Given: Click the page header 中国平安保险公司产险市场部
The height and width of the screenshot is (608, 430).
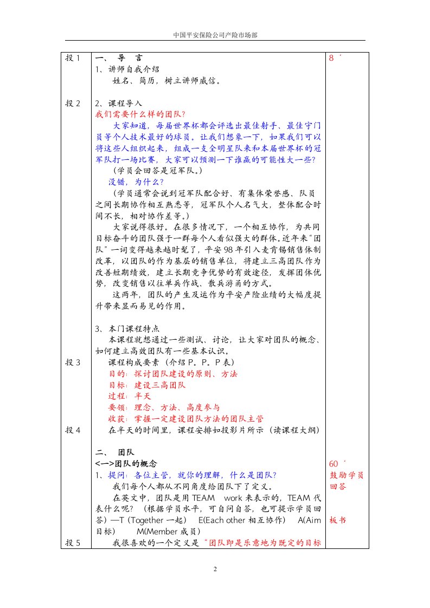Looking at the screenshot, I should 215,34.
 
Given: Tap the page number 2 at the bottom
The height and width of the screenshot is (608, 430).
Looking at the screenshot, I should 215,569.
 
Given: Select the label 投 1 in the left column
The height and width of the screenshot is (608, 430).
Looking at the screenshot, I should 73,58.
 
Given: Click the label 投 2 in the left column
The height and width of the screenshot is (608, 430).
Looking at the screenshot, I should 73,103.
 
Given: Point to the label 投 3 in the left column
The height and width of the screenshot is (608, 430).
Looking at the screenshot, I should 73,362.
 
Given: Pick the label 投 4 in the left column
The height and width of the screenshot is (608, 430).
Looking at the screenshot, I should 73,430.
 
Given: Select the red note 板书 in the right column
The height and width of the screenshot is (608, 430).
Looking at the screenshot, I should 337,520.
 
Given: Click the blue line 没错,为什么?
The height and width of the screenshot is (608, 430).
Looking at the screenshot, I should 129,182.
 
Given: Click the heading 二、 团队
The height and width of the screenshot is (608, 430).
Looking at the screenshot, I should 115,452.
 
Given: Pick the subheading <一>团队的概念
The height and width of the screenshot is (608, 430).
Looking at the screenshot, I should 126,463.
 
